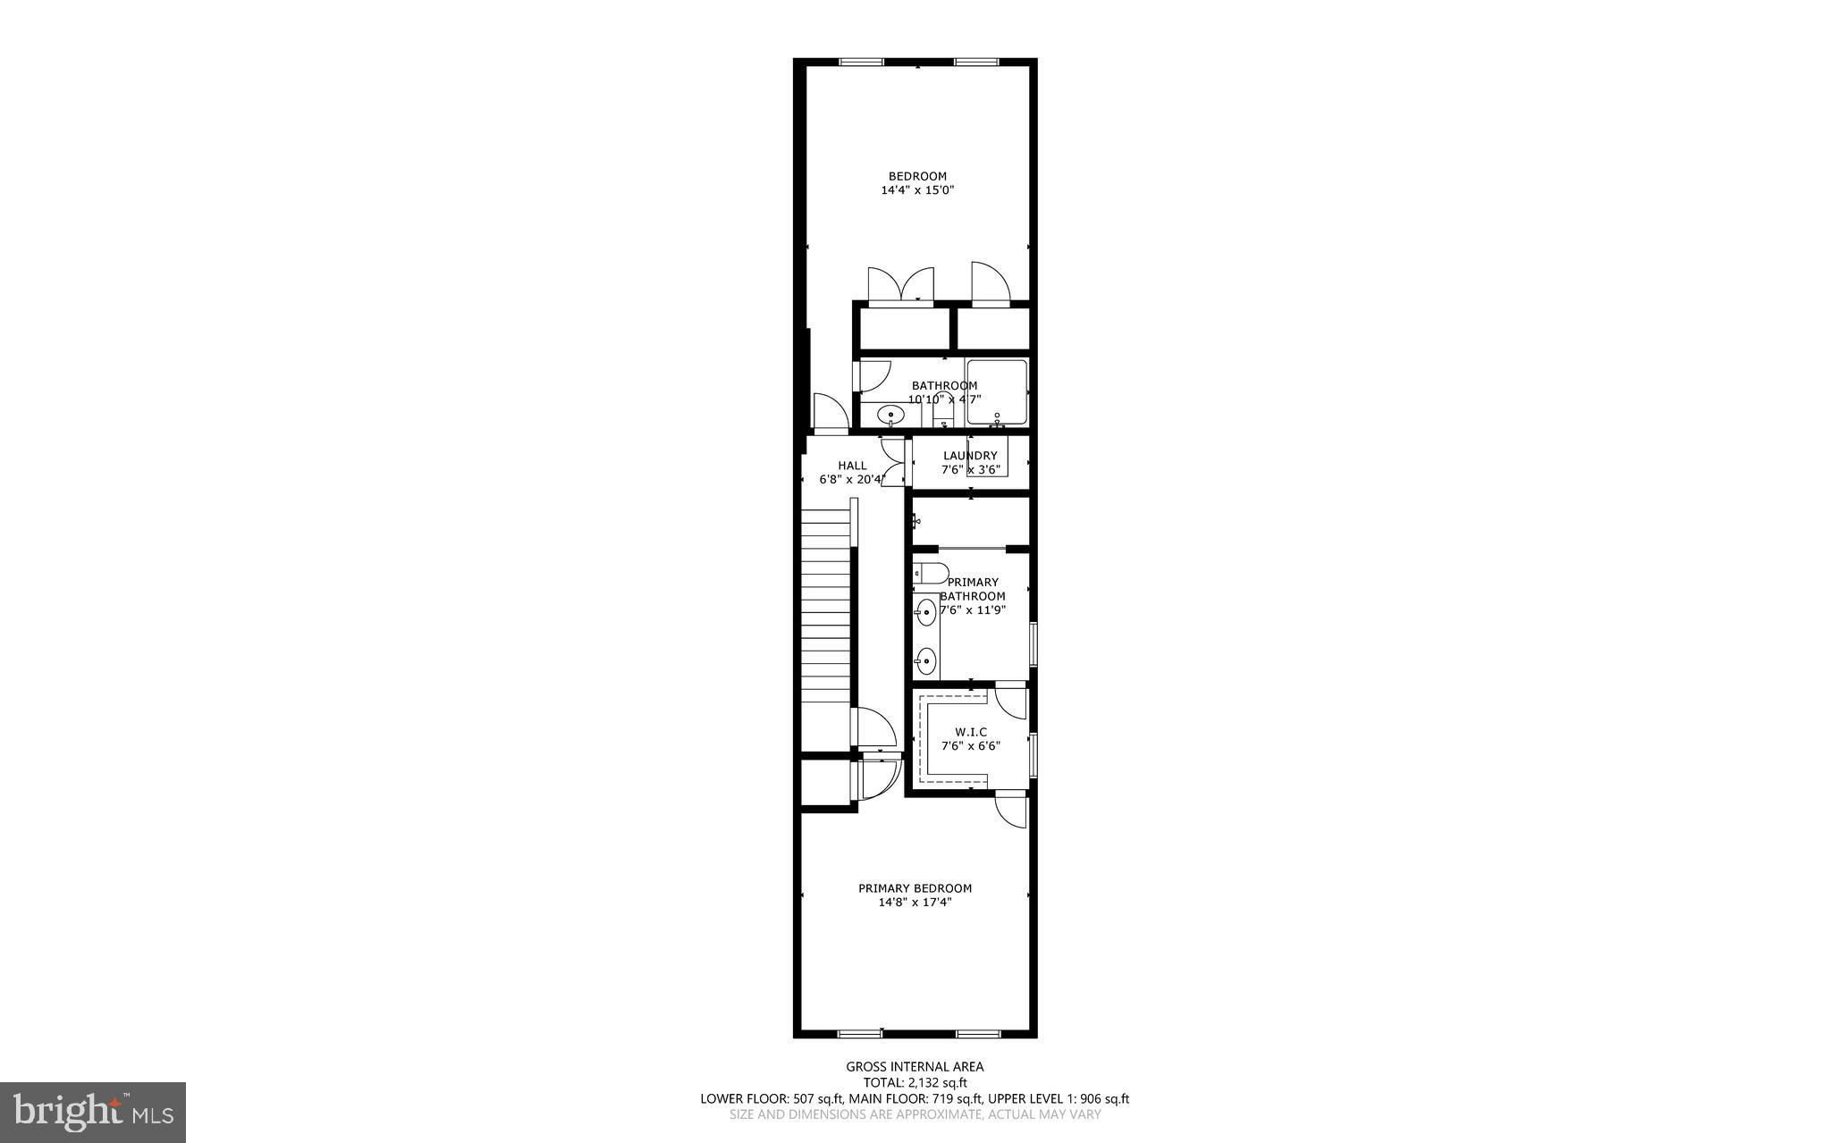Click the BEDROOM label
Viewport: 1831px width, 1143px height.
pyautogui.click(x=916, y=176)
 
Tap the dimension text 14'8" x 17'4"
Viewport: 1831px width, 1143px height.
pyautogui.click(x=915, y=903)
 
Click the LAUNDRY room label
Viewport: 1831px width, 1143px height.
pyautogui.click(x=969, y=456)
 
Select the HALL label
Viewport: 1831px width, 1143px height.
pyautogui.click(x=852, y=466)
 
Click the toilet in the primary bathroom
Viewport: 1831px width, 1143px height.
pyautogui.click(x=929, y=573)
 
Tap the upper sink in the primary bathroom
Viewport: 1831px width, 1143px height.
pyautogui.click(x=925, y=613)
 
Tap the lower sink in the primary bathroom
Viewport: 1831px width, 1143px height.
pyautogui.click(x=925, y=661)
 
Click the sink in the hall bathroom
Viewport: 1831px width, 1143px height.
pyautogui.click(x=890, y=415)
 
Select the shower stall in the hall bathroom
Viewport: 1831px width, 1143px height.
pyautogui.click(x=996, y=391)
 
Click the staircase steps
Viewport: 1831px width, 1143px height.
pyautogui.click(x=824, y=617)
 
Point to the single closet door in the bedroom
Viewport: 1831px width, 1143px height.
pyautogui.click(x=990, y=284)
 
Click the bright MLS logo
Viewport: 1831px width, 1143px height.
pyautogui.click(x=93, y=1112)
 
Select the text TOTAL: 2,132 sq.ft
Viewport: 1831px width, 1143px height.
pyautogui.click(x=915, y=1082)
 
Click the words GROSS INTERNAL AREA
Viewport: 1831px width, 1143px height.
pyautogui.click(x=915, y=1066)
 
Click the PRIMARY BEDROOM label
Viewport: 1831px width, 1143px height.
pyautogui.click(x=915, y=888)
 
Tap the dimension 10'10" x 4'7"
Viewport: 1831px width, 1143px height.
pyautogui.click(x=944, y=399)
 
